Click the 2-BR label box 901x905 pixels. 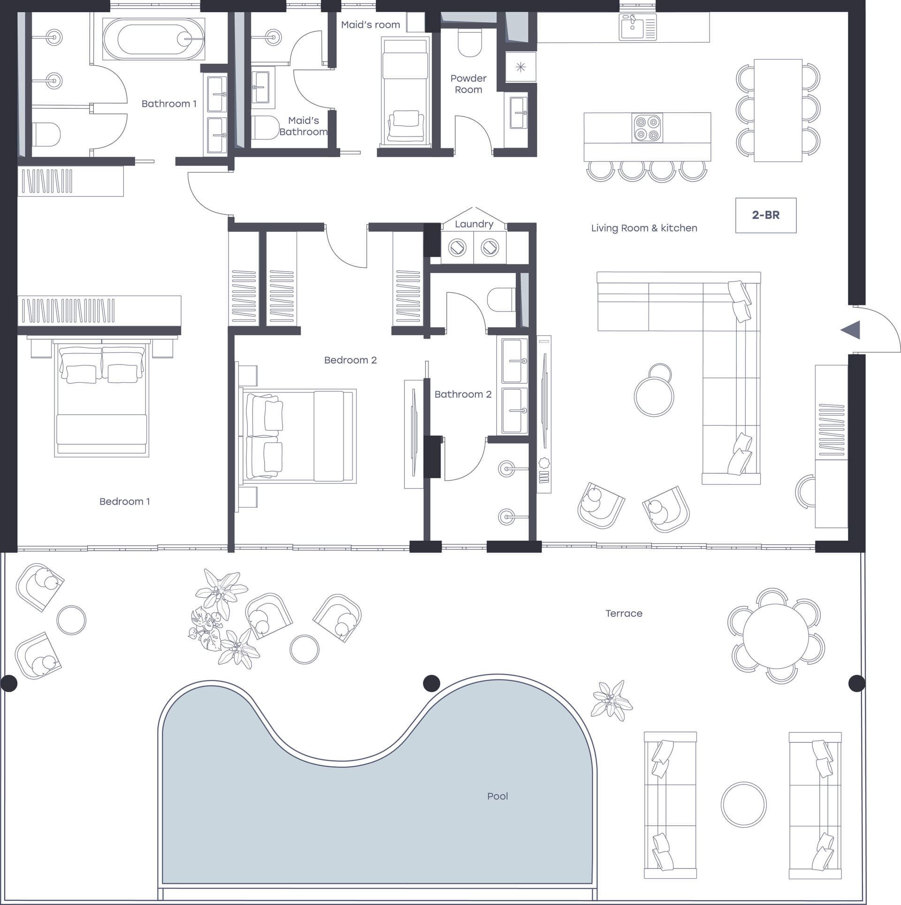pyautogui.click(x=765, y=215)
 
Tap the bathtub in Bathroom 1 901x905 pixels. pyautogui.click(x=154, y=39)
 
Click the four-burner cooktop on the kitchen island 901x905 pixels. pyautogui.click(x=647, y=128)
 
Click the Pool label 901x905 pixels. pyautogui.click(x=497, y=796)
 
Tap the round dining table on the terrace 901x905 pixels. pyautogui.click(x=776, y=636)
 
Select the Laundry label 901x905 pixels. pyautogui.click(x=474, y=224)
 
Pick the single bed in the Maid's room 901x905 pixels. pyautogui.click(x=405, y=91)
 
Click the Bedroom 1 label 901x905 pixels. pyautogui.click(x=125, y=502)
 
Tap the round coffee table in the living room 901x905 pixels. pyautogui.click(x=654, y=396)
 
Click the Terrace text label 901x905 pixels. pyautogui.click(x=624, y=613)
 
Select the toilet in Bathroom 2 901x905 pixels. pyautogui.click(x=502, y=300)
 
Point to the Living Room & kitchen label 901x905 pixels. pyautogui.click(x=644, y=228)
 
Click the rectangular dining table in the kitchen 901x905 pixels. pyautogui.click(x=778, y=110)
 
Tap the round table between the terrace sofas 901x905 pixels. pyautogui.click(x=743, y=805)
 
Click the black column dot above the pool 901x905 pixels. pyautogui.click(x=431, y=683)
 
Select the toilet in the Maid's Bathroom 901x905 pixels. pyautogui.click(x=265, y=128)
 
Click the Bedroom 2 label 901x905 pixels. pyautogui.click(x=351, y=360)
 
